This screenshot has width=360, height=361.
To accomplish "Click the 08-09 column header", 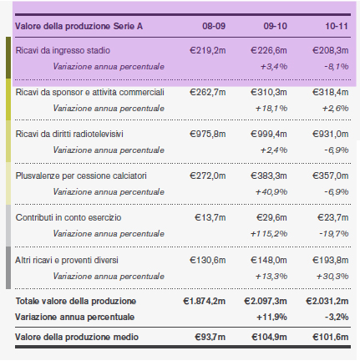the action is pos(214,26).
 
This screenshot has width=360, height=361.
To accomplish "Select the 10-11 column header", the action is pos(337,26).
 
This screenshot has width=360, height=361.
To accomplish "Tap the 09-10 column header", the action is pos(275,26).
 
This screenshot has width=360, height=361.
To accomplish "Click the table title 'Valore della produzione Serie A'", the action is pos(79,26).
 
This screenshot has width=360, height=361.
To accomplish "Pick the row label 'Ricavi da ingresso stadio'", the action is pos(63,50).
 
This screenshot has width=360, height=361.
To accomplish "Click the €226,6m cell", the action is pos(269,50).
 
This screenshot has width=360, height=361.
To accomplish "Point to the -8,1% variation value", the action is pos(337,67).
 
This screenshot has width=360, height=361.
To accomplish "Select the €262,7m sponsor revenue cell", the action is pos(208,92).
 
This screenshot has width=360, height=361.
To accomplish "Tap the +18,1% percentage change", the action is pos(271,109).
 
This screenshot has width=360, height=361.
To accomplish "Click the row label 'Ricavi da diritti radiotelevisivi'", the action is pos(69,134).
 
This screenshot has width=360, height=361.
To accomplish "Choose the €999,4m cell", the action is pos(269,134).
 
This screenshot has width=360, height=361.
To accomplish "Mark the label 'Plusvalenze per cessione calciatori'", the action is pos(81,175).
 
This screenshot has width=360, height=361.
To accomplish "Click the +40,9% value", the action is pos(271,192).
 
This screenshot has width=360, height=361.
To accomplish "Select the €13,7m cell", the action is pos(210,217).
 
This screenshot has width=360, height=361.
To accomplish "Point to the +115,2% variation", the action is pos(269,234).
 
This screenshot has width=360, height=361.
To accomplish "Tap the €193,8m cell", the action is pos(330,260).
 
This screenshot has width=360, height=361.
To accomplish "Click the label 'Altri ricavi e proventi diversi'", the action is pos(67,260).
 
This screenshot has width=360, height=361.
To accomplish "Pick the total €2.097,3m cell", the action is pos(266,301).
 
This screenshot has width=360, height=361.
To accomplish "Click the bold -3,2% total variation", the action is pos(337,317).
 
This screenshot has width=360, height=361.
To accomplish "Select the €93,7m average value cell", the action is pos(210,337).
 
